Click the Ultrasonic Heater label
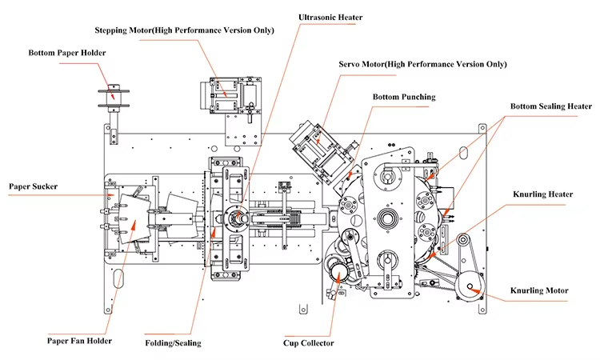[330, 18]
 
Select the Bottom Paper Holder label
[67, 53]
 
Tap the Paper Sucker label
[34, 186]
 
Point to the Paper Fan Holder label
[79, 341]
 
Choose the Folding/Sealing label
[173, 343]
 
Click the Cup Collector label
[309, 343]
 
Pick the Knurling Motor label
[539, 290]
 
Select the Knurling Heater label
[542, 194]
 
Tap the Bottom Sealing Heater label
[551, 106]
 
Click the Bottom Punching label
[404, 97]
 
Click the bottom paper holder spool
[114, 97]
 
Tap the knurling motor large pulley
[470, 287]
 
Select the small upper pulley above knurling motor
[463, 241]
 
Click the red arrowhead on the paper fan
[134, 226]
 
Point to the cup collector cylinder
[337, 272]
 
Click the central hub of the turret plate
[388, 219]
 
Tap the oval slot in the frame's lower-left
[118, 278]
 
